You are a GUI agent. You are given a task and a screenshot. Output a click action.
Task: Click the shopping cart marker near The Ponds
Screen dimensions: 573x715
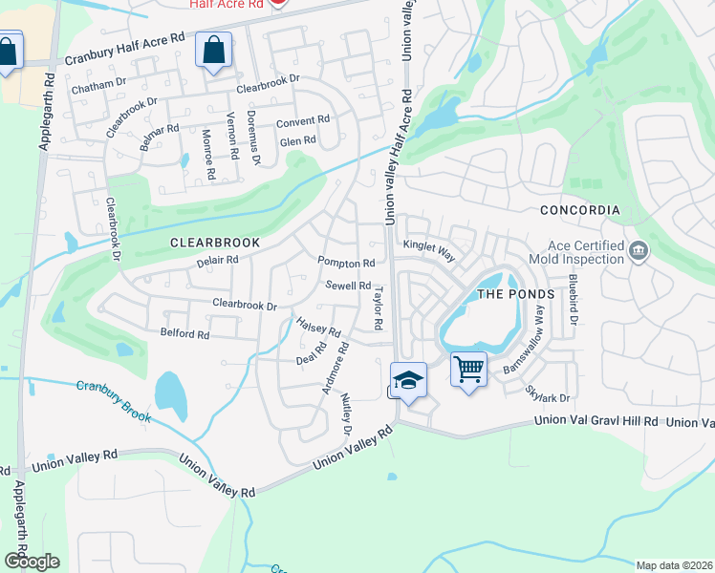click(468, 369)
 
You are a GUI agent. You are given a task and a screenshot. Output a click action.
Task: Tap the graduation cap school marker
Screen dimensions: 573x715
click(408, 380)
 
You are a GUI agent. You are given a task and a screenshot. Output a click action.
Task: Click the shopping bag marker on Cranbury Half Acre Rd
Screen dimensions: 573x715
click(213, 50)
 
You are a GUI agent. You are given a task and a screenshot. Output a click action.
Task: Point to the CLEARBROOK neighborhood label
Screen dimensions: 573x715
click(215, 244)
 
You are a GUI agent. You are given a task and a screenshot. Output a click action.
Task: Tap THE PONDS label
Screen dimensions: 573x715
click(515, 294)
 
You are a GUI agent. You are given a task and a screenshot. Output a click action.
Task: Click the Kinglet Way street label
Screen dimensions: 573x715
click(429, 247)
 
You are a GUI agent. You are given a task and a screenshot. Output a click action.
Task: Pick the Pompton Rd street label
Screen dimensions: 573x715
click(346, 263)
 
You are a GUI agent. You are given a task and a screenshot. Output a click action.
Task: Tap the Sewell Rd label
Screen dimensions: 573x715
click(348, 286)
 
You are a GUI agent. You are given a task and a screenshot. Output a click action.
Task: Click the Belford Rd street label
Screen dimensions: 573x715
click(184, 334)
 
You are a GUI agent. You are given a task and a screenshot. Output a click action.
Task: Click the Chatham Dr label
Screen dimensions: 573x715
click(99, 83)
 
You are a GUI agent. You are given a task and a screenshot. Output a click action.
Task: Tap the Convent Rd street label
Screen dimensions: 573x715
click(302, 122)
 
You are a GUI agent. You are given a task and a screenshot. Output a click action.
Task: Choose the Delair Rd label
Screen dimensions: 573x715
click(217, 260)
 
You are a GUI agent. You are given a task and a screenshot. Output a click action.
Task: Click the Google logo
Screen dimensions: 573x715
click(32, 562)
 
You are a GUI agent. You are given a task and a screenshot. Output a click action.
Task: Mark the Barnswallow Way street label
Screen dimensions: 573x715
click(531, 338)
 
